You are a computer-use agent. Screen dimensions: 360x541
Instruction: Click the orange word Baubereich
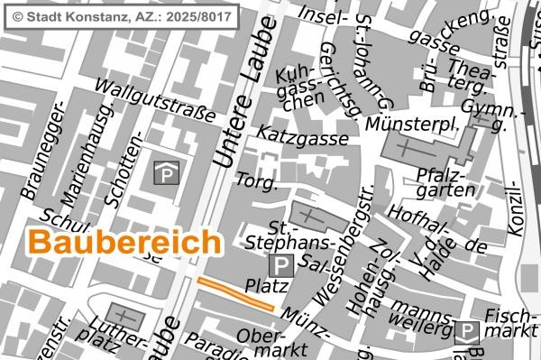point(124,243)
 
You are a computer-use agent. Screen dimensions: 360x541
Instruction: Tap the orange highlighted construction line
point(234,294)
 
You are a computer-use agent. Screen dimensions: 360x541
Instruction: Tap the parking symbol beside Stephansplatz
point(281,264)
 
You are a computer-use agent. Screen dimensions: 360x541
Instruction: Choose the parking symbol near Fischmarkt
point(466,332)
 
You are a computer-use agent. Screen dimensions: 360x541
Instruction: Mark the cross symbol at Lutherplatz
point(120,317)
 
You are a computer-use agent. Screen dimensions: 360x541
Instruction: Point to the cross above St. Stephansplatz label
point(309,217)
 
